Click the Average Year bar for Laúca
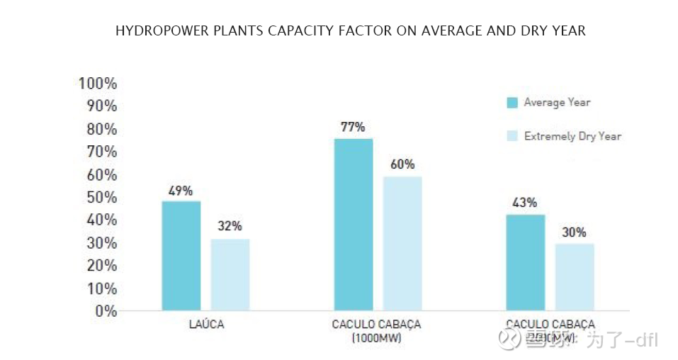coord(181,256)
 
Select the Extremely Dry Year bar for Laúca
coord(230,275)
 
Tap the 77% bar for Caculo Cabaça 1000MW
coord(354,225)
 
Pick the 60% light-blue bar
coord(402,243)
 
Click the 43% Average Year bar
coord(525,262)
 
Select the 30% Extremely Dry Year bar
coord(575,277)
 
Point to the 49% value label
coord(180,191)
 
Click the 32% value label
coord(230,226)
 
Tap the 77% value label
coord(352,127)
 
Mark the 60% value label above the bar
coord(402,164)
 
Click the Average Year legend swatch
coord(512,102)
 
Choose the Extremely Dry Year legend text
coord(572,136)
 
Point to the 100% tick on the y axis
coord(98,83)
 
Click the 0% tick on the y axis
coord(106,310)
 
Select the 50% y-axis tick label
coord(101,197)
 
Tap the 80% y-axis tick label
coord(101,129)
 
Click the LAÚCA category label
coord(207,325)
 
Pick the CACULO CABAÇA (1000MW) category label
coord(376,331)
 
